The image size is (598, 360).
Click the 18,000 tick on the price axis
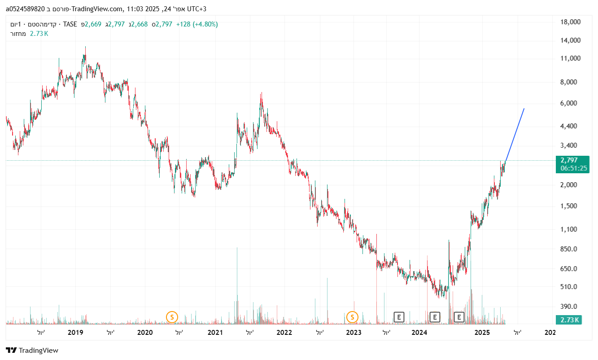tap(571, 22)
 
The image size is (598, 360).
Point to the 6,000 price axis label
tap(573, 103)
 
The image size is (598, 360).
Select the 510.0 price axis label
tap(573, 287)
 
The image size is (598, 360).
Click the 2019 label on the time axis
tap(75, 333)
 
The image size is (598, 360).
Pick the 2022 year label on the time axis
tap(284, 333)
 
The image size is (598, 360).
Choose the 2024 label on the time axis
tap(419, 333)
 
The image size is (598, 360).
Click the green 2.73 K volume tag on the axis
tap(568, 320)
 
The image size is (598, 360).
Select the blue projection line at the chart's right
tap(515, 135)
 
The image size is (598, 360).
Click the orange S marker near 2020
tap(172, 317)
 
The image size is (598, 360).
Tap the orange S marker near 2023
tap(353, 317)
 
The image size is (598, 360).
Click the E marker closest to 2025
tap(458, 317)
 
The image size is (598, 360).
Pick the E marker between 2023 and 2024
tap(398, 317)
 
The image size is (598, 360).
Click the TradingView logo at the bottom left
tap(32, 351)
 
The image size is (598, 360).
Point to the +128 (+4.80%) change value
tap(197, 24)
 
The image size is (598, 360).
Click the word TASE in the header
tap(70, 24)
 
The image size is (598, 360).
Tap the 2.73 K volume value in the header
tap(39, 33)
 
